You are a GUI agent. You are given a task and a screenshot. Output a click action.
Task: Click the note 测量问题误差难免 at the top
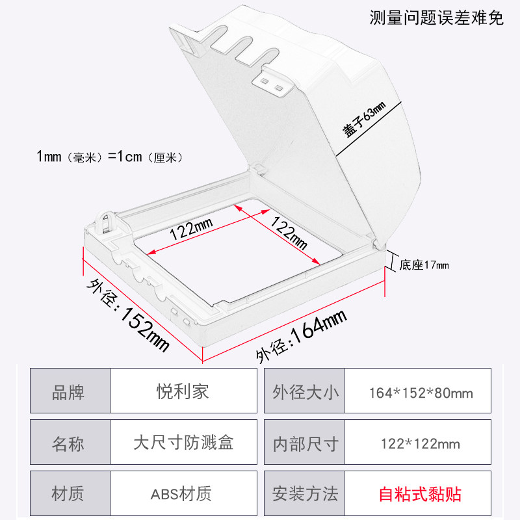point(437,18)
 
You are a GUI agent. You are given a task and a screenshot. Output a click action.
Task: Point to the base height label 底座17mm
point(424,265)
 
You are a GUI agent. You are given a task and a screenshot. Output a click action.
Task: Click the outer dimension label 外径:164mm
point(300,334)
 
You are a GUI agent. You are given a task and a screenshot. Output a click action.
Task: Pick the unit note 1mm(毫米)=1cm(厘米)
point(110,157)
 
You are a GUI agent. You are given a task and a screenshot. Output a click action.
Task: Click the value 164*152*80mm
point(421,393)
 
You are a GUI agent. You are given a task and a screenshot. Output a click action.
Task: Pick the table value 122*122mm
point(421,445)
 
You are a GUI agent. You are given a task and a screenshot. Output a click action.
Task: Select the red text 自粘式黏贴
point(421,494)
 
